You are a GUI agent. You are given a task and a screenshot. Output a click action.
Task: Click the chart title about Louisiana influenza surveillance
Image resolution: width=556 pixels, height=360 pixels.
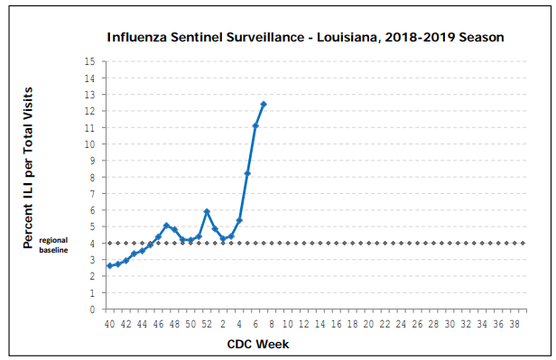click(305, 37)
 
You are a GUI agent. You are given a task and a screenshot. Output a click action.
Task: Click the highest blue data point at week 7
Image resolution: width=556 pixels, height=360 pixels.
click(264, 104)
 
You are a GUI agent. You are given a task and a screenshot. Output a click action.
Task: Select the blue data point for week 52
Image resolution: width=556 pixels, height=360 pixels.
click(207, 211)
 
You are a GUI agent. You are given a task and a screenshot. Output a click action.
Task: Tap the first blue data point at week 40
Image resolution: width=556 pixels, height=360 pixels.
click(110, 266)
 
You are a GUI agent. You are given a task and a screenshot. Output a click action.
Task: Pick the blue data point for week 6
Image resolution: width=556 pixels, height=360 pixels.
click(255, 125)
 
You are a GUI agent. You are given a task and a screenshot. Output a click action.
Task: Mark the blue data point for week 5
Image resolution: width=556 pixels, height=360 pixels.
click(247, 173)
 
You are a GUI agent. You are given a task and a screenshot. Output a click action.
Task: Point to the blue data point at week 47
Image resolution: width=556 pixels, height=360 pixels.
click(167, 226)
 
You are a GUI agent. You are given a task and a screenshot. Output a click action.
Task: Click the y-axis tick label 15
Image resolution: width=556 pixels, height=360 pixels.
click(89, 61)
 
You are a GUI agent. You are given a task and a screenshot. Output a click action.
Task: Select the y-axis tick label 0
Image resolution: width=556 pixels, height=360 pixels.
click(93, 309)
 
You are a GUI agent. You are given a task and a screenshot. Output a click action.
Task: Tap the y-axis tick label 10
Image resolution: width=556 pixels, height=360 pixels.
click(89, 144)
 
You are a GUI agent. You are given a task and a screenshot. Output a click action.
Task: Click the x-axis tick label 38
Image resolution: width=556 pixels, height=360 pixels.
click(514, 324)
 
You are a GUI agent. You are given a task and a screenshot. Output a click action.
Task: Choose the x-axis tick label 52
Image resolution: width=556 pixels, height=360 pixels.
click(207, 324)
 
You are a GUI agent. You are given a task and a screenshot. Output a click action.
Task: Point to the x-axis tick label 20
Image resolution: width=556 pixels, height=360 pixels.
click(369, 324)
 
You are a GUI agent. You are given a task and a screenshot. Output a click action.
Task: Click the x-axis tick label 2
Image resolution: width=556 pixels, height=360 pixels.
click(223, 324)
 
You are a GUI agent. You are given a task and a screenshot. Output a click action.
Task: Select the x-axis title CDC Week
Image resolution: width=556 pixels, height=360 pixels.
click(258, 344)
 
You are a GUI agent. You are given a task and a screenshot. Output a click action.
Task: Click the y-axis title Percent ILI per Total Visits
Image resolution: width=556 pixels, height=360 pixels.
click(28, 168)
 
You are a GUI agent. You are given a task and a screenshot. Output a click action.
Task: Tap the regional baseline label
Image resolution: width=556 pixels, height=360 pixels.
click(53, 245)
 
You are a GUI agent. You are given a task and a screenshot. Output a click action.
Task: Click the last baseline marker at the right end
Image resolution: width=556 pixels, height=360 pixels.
click(523, 243)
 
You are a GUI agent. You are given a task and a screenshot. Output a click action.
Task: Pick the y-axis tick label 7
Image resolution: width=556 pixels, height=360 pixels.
click(93, 194)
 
